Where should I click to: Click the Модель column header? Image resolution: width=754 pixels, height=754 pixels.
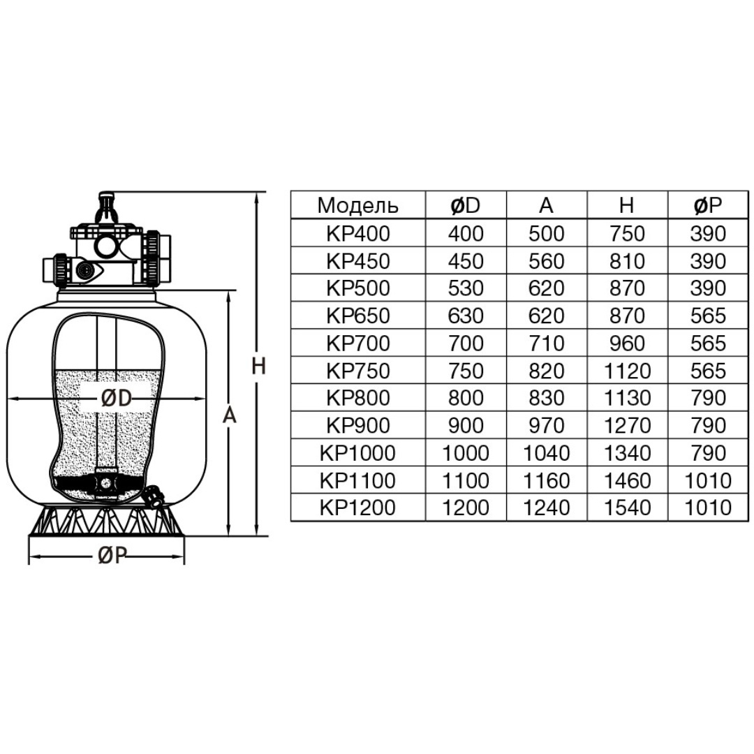[357, 205]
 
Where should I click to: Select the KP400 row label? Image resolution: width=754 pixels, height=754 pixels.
[357, 234]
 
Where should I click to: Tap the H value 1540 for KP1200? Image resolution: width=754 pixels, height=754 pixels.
[627, 508]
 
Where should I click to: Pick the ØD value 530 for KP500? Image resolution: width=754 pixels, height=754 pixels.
[466, 288]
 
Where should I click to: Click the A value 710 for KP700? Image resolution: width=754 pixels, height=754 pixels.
[546, 343]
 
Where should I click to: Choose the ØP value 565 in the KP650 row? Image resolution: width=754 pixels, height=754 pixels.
[708, 316]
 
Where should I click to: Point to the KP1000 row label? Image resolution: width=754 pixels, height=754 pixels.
[357, 453]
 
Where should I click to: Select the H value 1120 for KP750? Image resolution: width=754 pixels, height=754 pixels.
[627, 371]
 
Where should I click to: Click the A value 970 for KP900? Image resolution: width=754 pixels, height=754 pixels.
[546, 426]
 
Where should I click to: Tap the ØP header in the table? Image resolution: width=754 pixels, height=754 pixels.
[708, 205]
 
